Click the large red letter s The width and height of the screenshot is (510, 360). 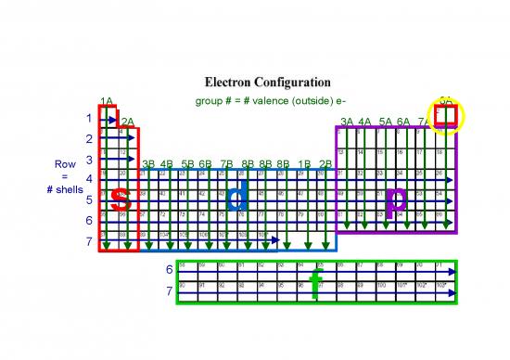pyautogui.click(x=120, y=198)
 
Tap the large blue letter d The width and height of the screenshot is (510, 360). pyautogui.click(x=237, y=197)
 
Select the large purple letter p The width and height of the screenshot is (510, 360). pyautogui.click(x=396, y=198)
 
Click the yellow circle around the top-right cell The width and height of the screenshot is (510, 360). pyautogui.click(x=446, y=117)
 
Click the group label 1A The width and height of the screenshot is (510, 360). pyautogui.click(x=107, y=101)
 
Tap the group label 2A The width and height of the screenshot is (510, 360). pyautogui.click(x=128, y=122)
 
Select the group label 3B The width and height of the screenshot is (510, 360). pyautogui.click(x=148, y=164)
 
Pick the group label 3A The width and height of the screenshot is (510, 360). pyautogui.click(x=347, y=122)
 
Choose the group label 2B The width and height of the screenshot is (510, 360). pyautogui.click(x=325, y=164)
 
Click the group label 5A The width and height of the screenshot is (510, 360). pyautogui.click(x=385, y=122)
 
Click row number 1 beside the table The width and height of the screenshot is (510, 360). pyautogui.click(x=89, y=119)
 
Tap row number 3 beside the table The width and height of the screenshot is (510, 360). pyautogui.click(x=89, y=160)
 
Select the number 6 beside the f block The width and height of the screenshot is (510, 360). pyautogui.click(x=168, y=270)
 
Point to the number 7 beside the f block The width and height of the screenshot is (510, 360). pyautogui.click(x=168, y=291)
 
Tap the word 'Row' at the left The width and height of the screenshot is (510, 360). pyautogui.click(x=65, y=165)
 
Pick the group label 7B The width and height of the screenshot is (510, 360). pyautogui.click(x=227, y=164)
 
